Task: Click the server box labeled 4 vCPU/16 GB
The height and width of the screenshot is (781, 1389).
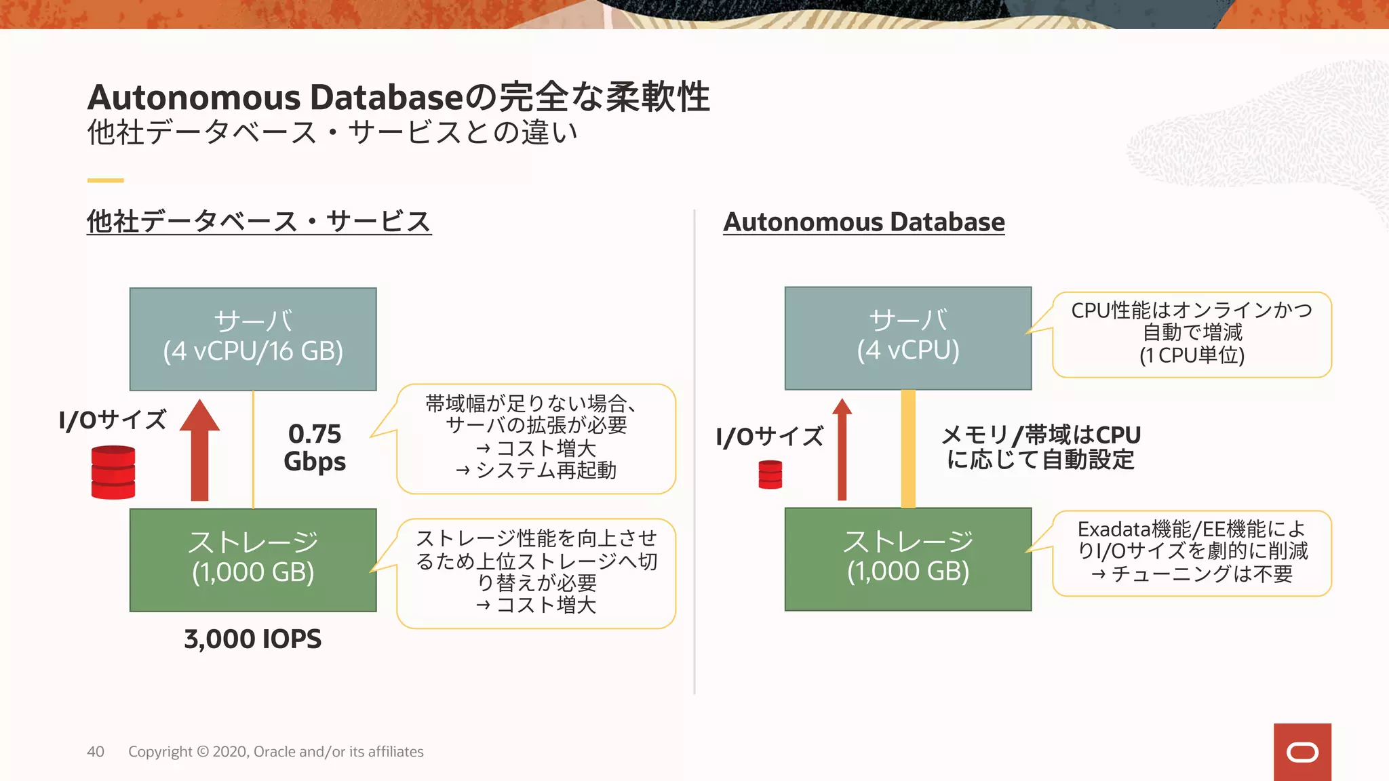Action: pyautogui.click(x=253, y=339)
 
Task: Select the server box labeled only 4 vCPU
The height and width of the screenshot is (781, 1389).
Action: pyautogui.click(x=908, y=338)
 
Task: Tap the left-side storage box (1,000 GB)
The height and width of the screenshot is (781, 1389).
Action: pyautogui.click(x=253, y=560)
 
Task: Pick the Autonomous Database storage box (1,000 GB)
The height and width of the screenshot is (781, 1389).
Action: pyautogui.click(x=908, y=559)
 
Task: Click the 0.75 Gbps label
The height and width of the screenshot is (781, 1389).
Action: pyautogui.click(x=315, y=447)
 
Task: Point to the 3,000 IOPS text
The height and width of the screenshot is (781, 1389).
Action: pyautogui.click(x=253, y=639)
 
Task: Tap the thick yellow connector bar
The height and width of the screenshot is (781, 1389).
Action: pyautogui.click(x=908, y=449)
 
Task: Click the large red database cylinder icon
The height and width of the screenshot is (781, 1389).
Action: pyautogui.click(x=113, y=472)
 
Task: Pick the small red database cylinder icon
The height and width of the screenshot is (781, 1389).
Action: pyautogui.click(x=770, y=475)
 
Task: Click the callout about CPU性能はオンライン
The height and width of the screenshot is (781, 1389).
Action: pyautogui.click(x=1192, y=334)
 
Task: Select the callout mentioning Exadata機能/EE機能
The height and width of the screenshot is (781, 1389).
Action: pyautogui.click(x=1192, y=553)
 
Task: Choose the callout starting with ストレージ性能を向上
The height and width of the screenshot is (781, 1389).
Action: pyautogui.click(x=536, y=573)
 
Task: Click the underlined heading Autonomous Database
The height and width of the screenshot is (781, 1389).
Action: pyautogui.click(x=864, y=222)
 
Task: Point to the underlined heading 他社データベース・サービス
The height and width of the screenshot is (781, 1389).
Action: pyautogui.click(x=259, y=222)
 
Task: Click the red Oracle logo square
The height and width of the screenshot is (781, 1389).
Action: pyautogui.click(x=1302, y=752)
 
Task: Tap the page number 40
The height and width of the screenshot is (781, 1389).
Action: pyautogui.click(x=96, y=752)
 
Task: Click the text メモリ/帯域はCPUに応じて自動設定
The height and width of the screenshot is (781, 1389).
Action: pyautogui.click(x=1041, y=447)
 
